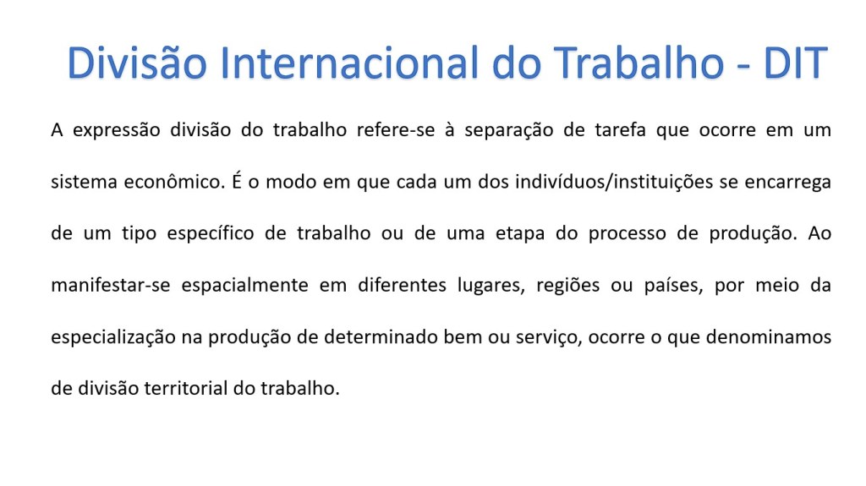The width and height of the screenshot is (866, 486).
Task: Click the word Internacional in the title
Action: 349,63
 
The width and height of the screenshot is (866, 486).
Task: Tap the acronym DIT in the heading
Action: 795,63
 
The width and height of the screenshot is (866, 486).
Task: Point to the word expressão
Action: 117,131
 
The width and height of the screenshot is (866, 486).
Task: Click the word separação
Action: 508,131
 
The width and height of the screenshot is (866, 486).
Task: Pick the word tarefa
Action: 620,130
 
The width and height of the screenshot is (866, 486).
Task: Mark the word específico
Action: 211,233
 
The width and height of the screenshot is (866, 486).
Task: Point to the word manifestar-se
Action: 111,285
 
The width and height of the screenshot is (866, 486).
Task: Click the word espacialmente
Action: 244,286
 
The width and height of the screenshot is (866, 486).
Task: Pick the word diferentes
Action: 402,285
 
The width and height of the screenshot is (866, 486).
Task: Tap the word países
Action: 673,286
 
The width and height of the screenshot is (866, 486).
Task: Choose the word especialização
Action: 113,337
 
